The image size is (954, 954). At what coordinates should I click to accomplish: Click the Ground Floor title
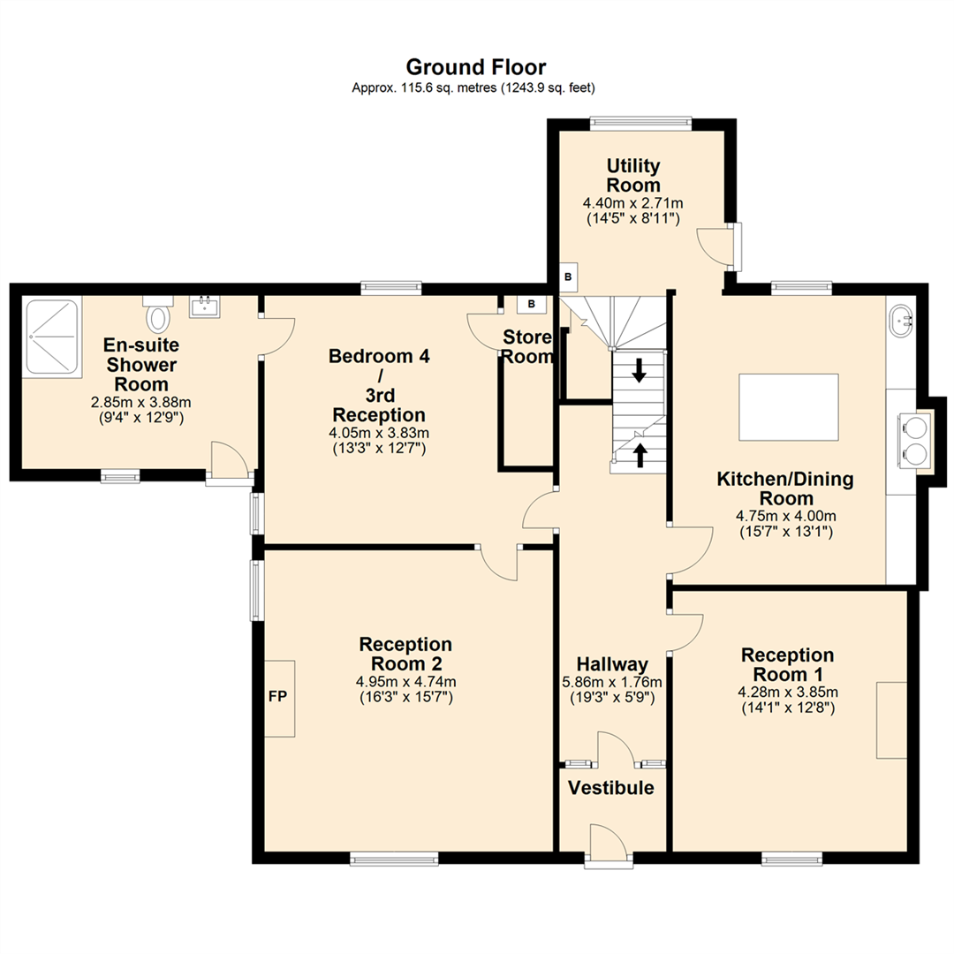click(x=475, y=67)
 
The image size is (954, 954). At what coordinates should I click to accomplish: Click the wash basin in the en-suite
click(x=204, y=307)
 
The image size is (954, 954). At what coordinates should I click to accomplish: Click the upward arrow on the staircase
click(x=639, y=454)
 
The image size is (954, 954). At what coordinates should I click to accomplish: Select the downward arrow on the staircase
click(x=639, y=370)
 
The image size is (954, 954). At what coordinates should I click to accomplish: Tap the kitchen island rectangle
click(x=788, y=406)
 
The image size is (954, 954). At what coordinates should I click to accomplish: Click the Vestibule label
click(x=611, y=788)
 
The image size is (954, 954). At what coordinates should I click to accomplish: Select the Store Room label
click(x=528, y=347)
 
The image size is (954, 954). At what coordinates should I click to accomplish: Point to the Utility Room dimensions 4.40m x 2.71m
click(x=632, y=203)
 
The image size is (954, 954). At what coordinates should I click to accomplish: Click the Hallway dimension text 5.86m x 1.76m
click(x=612, y=682)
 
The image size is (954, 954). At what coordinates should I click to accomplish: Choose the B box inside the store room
click(x=532, y=305)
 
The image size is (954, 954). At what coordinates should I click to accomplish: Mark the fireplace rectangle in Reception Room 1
click(x=891, y=720)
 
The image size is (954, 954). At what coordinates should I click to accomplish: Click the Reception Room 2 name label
click(x=405, y=655)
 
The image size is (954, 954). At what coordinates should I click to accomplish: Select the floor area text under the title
click(x=475, y=87)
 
